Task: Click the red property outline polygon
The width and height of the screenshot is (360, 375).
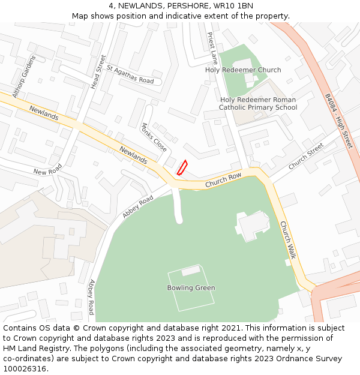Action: coord(182,167)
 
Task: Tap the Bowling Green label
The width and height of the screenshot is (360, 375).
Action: coord(191,288)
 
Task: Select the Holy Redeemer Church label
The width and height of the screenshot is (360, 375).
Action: coord(243,70)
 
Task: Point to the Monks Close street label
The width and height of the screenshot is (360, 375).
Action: coord(154,137)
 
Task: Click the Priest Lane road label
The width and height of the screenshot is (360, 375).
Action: coord(212,49)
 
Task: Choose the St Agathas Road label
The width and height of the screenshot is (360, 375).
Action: coord(130,76)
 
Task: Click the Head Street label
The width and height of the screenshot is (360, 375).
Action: coord(98,72)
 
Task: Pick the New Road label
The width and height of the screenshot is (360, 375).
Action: coord(47,172)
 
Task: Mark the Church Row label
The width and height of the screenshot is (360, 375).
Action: coord(223,180)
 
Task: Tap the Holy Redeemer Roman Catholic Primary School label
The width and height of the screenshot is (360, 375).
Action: coord(258,104)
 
